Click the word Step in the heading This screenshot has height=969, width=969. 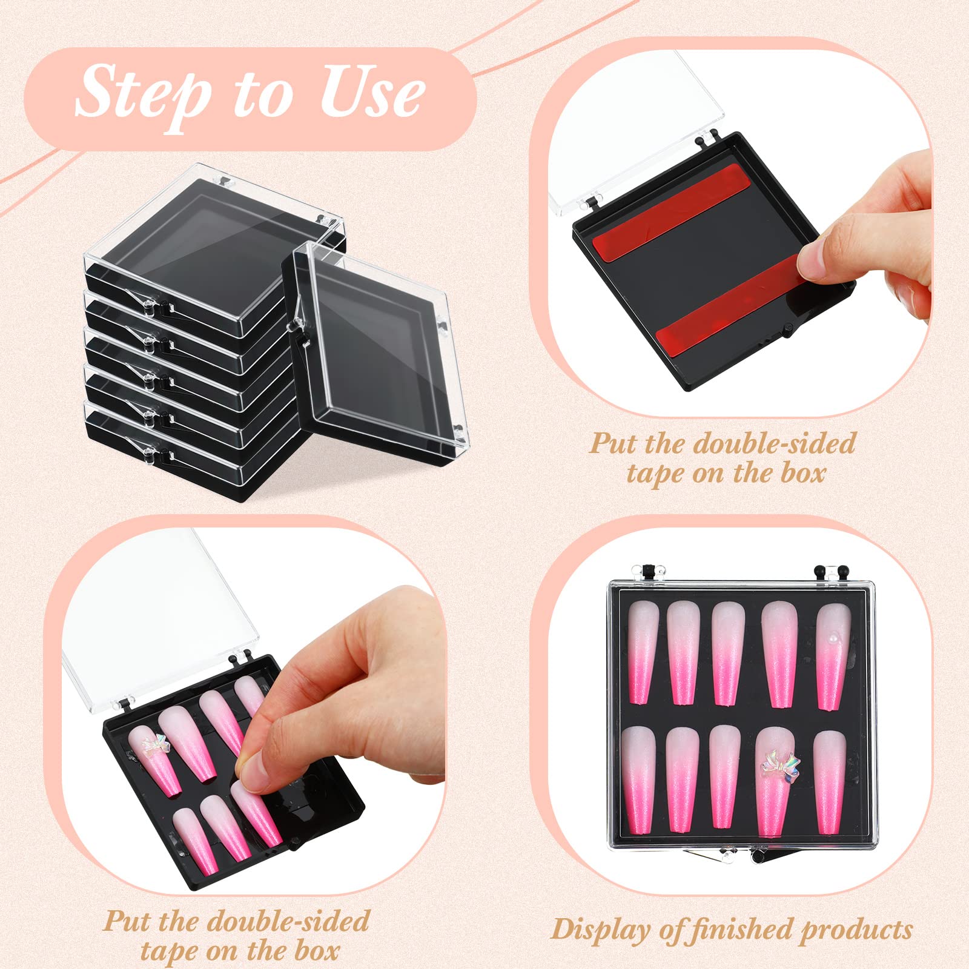142,94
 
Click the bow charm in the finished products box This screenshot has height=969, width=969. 780,767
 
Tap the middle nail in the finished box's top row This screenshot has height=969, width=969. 727,653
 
